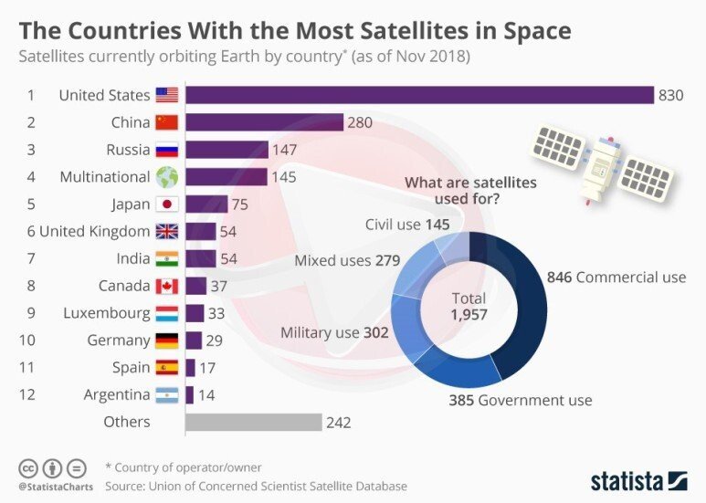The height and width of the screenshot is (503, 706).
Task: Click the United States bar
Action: tap(419, 95)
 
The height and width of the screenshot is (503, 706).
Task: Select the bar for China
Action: tap(264, 122)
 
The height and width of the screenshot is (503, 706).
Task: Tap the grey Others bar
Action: tap(253, 422)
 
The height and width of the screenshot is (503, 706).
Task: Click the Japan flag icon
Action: tap(167, 204)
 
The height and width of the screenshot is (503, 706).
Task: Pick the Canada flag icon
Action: tap(167, 286)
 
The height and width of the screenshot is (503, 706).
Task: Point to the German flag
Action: tap(167, 341)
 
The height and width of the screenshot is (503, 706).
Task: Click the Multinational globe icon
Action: tap(167, 176)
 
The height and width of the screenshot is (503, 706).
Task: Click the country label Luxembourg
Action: tap(106, 313)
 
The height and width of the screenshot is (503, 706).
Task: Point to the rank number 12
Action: tap(31, 394)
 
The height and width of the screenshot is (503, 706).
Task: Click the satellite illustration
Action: tap(603, 164)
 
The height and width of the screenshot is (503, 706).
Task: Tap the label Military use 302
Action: tap(333, 332)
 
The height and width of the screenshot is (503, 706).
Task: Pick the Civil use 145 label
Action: tap(407, 224)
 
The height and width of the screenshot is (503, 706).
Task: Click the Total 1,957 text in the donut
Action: tap(469, 306)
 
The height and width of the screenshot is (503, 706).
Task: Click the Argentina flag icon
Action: tap(167, 394)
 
